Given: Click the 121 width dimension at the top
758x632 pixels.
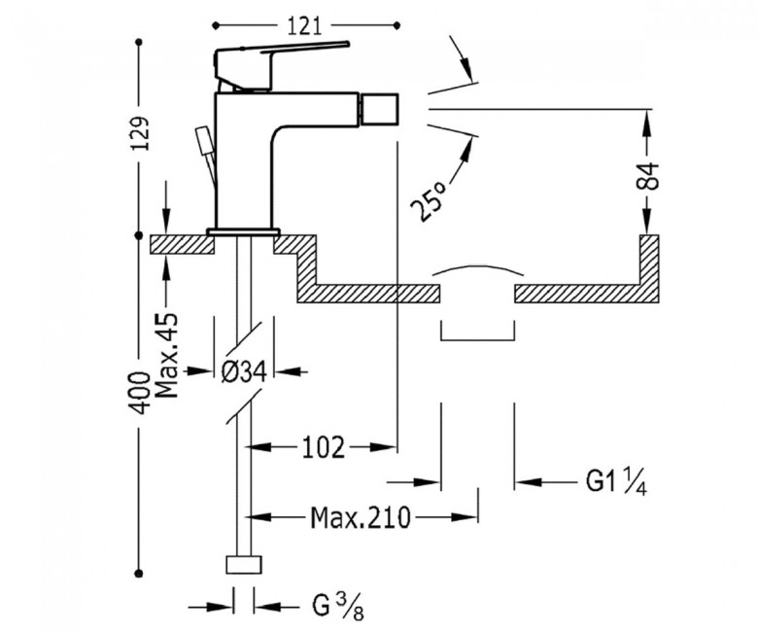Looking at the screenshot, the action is (x=304, y=26).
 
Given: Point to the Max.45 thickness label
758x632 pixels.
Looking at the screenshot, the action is (x=168, y=356).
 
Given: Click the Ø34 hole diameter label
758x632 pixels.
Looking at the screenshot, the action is (x=244, y=372).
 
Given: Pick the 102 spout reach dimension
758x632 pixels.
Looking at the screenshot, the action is (x=324, y=447).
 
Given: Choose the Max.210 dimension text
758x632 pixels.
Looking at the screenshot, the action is (x=361, y=518).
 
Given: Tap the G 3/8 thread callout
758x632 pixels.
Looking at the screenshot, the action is (x=337, y=606).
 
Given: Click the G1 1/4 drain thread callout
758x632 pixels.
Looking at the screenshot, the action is (x=616, y=482).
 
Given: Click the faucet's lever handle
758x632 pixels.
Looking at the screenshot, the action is (x=282, y=51).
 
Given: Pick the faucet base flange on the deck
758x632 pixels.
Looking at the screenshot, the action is (x=244, y=231).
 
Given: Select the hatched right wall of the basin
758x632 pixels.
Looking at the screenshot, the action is (x=649, y=269).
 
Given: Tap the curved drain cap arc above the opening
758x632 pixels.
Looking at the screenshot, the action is (x=477, y=269).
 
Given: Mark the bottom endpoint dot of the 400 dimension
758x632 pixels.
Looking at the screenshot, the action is (x=139, y=573).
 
